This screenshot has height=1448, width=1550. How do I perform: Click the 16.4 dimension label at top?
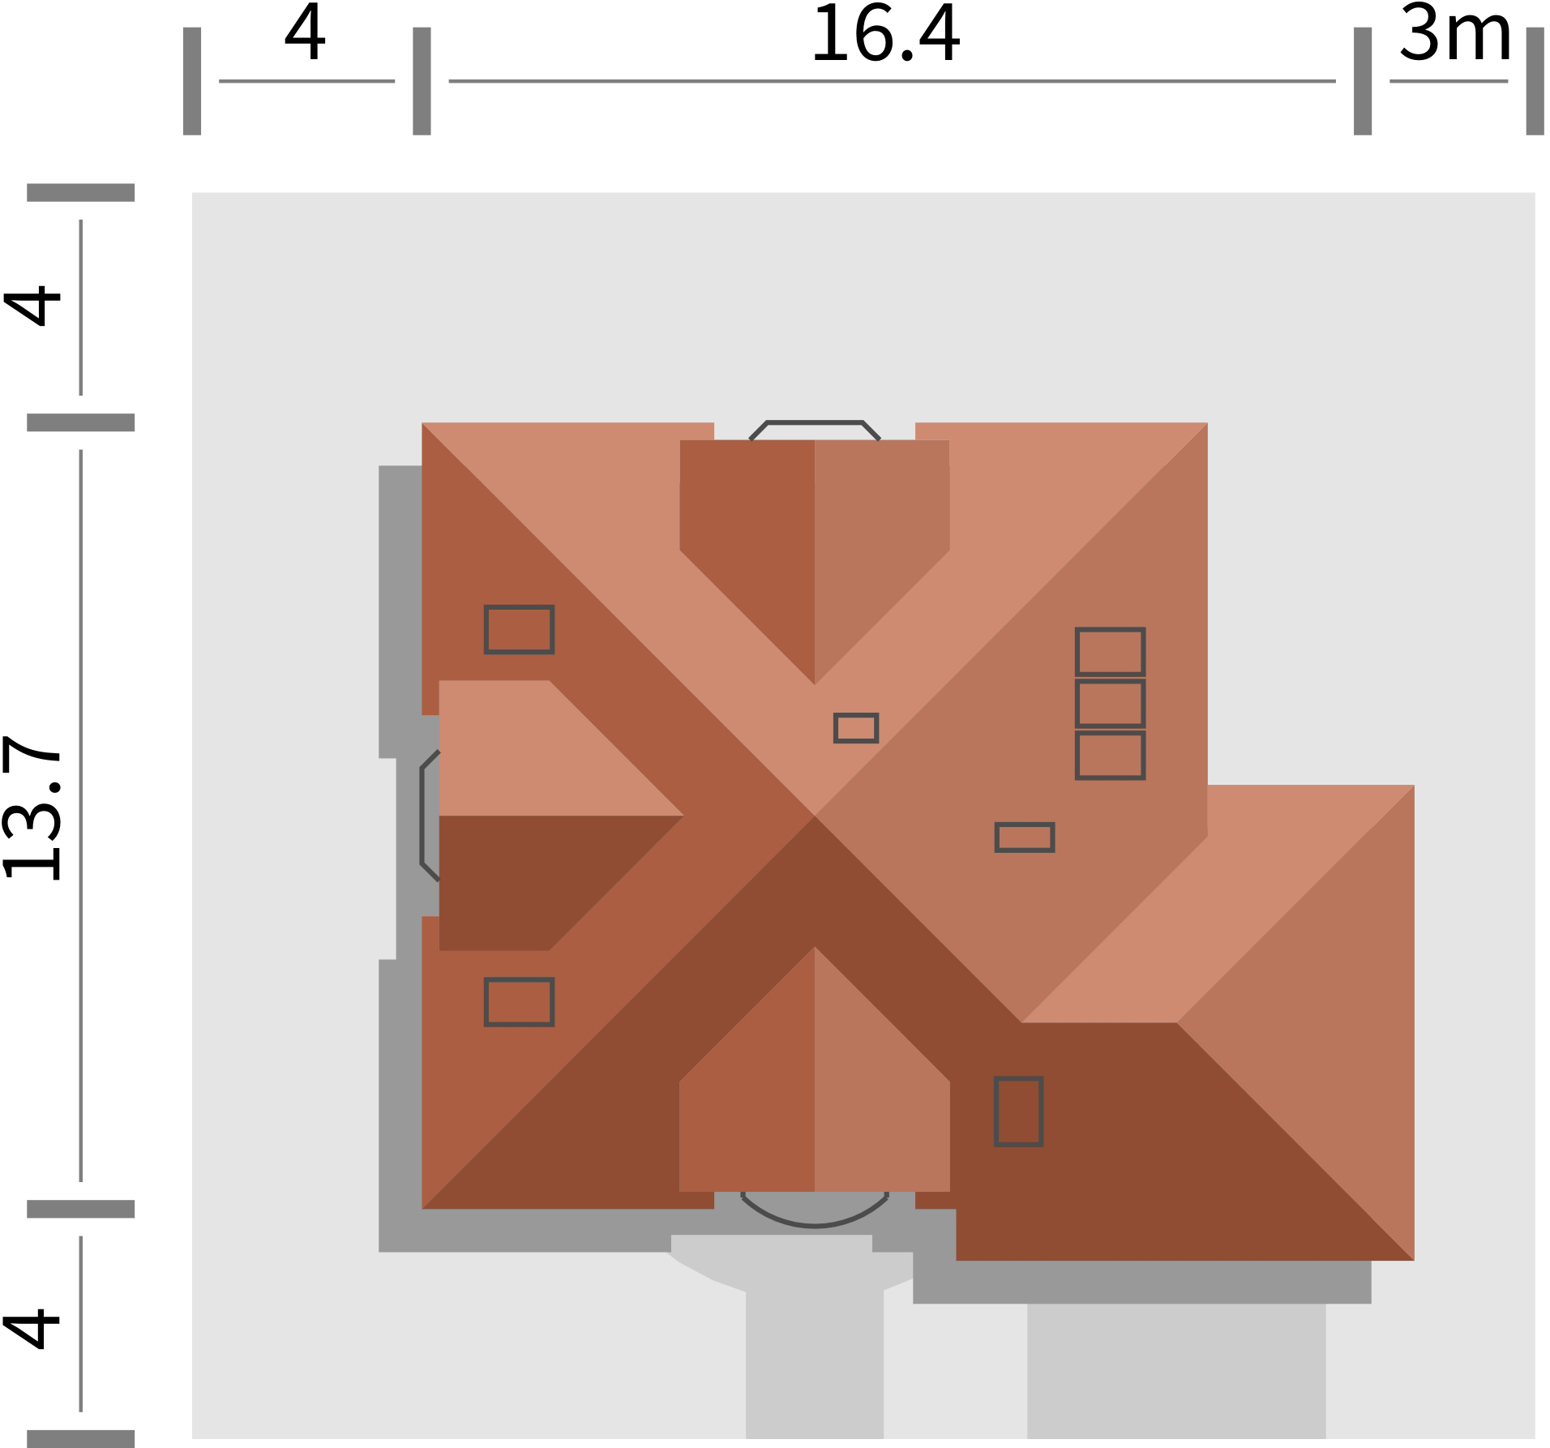(x=885, y=34)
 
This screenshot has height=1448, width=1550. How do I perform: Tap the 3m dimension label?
(x=1455, y=34)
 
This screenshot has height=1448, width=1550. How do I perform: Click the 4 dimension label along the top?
(x=306, y=34)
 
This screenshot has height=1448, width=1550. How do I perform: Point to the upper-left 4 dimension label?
(x=32, y=306)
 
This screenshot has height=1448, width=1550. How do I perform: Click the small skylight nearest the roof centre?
(x=856, y=728)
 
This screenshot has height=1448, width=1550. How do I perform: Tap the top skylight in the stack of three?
(x=1110, y=651)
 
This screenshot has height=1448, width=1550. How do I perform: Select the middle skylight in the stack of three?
(x=1110, y=704)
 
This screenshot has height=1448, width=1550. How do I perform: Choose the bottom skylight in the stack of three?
(x=1110, y=756)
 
